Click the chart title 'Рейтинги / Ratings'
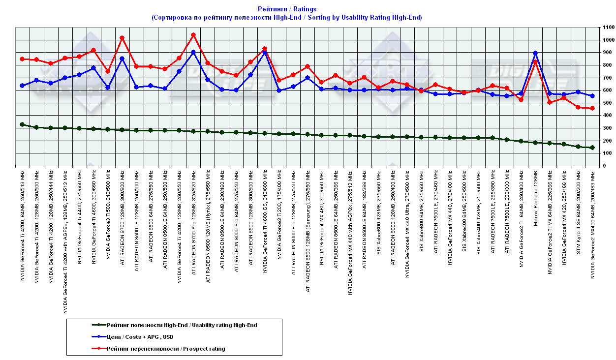click(x=287, y=9)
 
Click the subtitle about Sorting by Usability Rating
click(x=287, y=17)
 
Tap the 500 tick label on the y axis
click(x=606, y=103)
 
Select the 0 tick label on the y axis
click(x=602, y=166)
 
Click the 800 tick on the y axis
click(x=606, y=65)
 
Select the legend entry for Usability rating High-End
click(x=182, y=325)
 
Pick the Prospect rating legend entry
click(x=166, y=349)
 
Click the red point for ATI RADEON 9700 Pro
click(x=193, y=35)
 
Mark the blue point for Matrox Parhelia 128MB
click(x=535, y=53)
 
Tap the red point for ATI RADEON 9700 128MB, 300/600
click(x=122, y=38)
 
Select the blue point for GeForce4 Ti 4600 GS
click(x=265, y=52)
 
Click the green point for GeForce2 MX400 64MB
click(x=592, y=148)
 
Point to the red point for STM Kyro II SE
click(x=578, y=107)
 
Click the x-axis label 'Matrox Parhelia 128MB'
click(x=535, y=197)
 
